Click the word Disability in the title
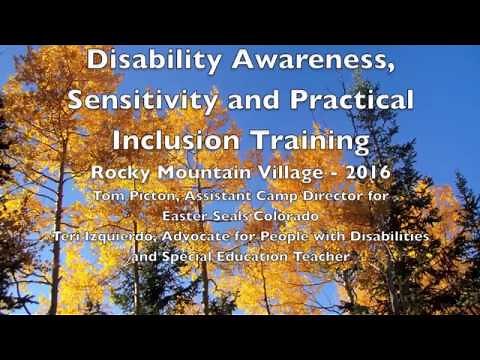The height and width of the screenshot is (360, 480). tap(147, 59)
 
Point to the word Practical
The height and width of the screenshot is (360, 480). tap(341, 99)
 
